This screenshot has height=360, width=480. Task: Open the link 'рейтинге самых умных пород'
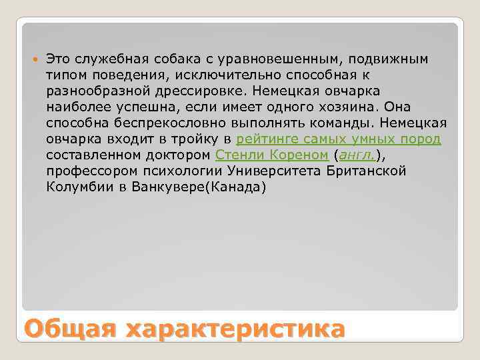(x=339, y=139)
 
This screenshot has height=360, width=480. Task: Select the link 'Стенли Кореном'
(x=271, y=155)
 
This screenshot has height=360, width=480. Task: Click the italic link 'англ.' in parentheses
(x=357, y=155)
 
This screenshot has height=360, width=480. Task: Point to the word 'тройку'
(x=195, y=139)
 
